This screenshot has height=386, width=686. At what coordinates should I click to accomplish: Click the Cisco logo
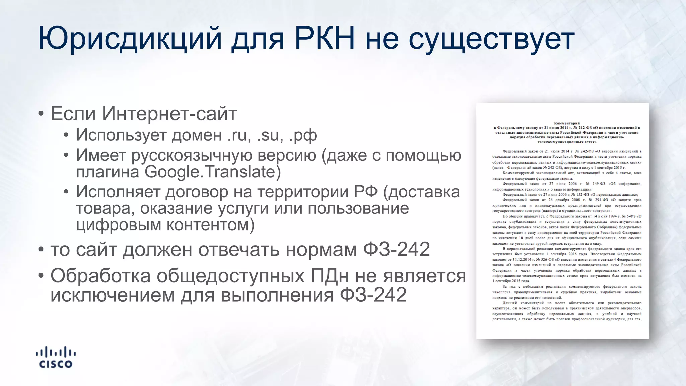click(56, 358)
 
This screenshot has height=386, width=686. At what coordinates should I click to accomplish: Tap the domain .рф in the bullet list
click(303, 136)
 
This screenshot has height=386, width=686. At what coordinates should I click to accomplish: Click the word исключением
click(113, 295)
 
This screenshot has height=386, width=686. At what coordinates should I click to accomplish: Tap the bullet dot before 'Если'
click(41, 114)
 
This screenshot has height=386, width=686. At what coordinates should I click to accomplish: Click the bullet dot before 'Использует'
click(66, 135)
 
